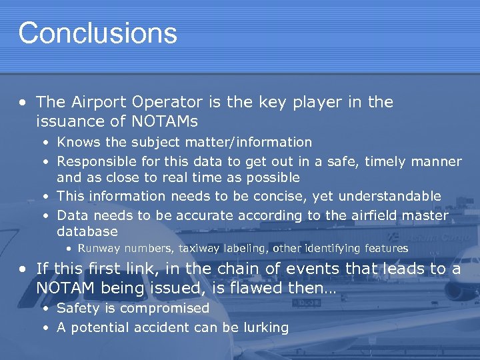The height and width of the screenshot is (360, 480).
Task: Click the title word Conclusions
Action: point(97,33)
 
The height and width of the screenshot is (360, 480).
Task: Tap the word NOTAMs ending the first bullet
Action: point(164,121)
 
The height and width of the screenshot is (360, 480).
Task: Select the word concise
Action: point(285,196)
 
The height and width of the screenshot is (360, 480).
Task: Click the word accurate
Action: point(195,215)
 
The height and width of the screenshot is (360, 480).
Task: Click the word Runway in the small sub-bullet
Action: point(99,248)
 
